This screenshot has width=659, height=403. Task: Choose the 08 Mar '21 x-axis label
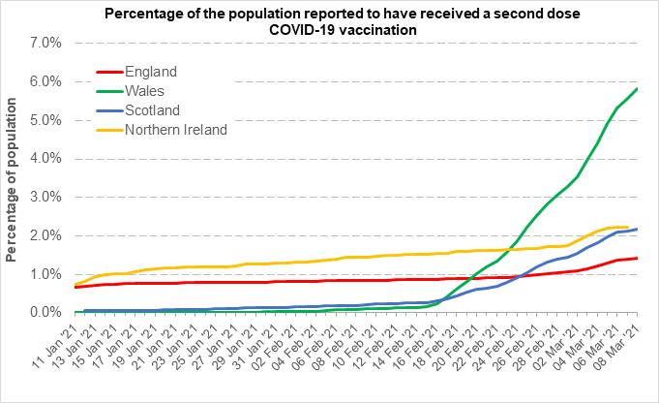(x=619, y=346)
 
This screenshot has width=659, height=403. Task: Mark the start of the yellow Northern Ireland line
(x=75, y=284)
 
